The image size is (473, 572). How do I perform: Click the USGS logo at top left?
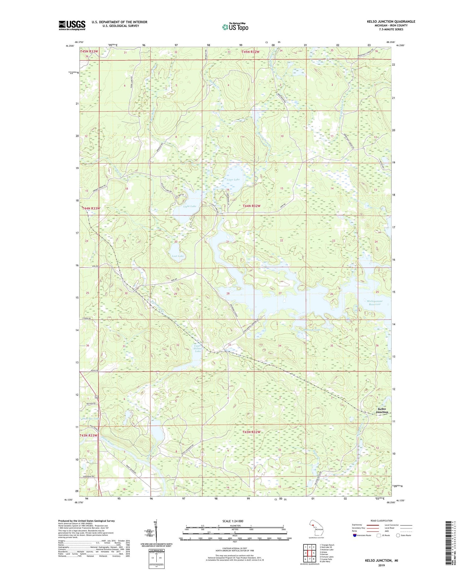pos(72,25)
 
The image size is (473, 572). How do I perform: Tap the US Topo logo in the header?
pos(235,27)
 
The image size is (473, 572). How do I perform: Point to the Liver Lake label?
pos(233,180)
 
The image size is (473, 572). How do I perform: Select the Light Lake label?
pos(190,206)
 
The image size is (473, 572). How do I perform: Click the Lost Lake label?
pos(178,256)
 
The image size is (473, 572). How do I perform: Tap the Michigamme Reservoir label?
pos(374,303)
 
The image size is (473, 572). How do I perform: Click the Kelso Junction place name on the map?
pos(382,410)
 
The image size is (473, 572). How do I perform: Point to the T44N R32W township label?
pos(256,206)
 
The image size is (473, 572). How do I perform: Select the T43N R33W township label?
pos(88,435)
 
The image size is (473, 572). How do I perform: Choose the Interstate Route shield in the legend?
pos(355,535)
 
